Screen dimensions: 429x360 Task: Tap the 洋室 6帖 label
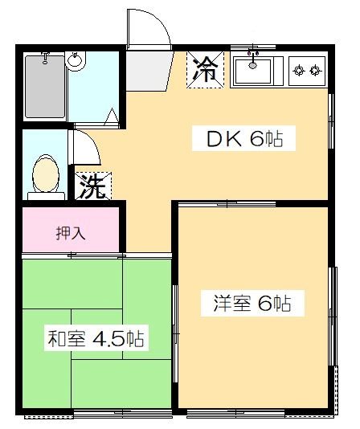[252, 304]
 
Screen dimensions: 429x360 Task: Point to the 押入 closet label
[71, 234]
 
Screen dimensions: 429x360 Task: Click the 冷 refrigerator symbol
[206, 69]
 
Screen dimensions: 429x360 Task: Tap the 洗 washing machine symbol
[93, 187]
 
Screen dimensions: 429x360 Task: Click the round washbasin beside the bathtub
[76, 60]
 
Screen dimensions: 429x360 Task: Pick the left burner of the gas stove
[300, 71]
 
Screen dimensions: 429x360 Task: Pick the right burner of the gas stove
[316, 71]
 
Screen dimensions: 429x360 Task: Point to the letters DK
[223, 139]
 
